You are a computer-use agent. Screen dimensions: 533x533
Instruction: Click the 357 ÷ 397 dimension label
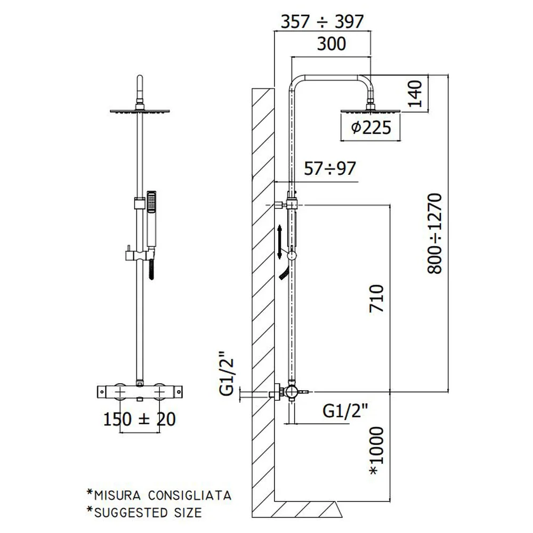(322, 22)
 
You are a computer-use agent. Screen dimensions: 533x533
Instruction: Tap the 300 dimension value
(332, 44)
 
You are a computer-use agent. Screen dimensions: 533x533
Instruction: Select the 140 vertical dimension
(414, 94)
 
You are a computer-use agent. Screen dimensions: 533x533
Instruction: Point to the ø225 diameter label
(371, 127)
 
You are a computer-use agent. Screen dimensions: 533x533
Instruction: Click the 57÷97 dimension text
(330, 168)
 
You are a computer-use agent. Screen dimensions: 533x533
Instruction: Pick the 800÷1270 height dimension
(434, 233)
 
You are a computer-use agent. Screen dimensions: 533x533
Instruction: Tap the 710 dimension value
(376, 298)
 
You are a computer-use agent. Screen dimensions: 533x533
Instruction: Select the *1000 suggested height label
(376, 451)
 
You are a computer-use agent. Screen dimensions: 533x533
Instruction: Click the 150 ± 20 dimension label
(139, 419)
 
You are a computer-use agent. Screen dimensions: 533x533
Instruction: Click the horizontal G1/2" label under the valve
(345, 410)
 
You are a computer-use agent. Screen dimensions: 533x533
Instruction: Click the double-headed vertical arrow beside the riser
(279, 242)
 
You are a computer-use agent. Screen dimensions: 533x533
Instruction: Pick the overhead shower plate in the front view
(140, 111)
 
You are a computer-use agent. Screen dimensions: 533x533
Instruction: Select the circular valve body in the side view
(291, 392)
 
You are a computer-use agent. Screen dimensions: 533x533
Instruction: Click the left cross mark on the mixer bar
(120, 392)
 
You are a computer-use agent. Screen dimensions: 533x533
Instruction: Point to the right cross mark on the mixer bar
(159, 392)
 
